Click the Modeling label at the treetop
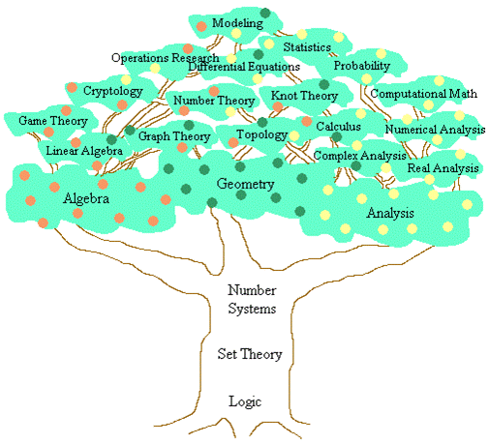tap(237, 23)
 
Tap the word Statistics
tap(307, 47)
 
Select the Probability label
tap(362, 66)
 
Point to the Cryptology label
tap(113, 91)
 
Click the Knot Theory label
tap(304, 96)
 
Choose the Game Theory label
tap(53, 121)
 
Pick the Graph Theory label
tap(174, 136)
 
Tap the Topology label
tap(261, 134)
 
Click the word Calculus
tap(338, 127)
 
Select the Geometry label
tap(245, 184)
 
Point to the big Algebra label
tap(86, 198)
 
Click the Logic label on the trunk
tap(245, 402)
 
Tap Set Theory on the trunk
tap(250, 354)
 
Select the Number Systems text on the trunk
tap(252, 299)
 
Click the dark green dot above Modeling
tap(265, 13)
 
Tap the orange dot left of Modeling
tap(201, 26)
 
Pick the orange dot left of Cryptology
tap(72, 87)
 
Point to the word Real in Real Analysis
tap(418, 168)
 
